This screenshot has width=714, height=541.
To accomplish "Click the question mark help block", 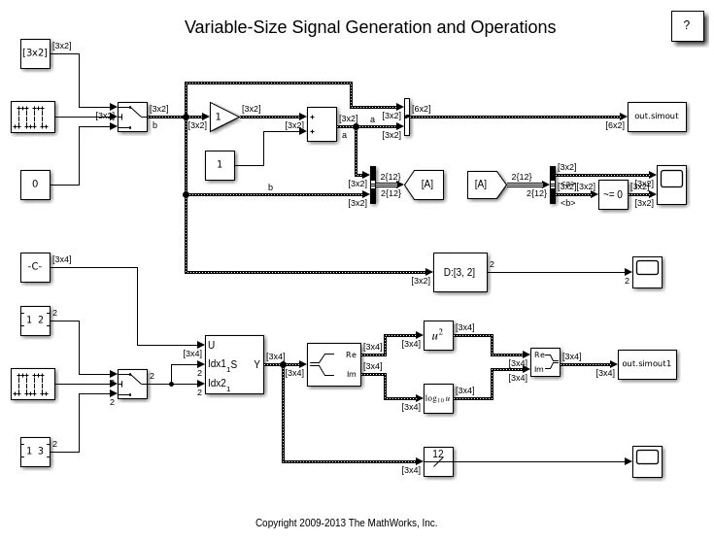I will (x=687, y=26).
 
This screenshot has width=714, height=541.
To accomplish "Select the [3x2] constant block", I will (x=35, y=53).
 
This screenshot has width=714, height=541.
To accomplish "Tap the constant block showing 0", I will (x=35, y=184).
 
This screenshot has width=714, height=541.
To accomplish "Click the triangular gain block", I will (x=223, y=118).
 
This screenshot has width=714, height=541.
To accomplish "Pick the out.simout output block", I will (x=656, y=117).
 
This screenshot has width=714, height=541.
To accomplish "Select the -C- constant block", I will (x=35, y=267).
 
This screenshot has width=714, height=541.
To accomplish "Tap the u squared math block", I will (x=438, y=335).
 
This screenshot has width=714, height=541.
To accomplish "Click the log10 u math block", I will (x=438, y=396).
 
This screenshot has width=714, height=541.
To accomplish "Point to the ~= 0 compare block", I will (x=613, y=194).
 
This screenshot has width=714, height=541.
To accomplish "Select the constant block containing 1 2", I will (x=35, y=321).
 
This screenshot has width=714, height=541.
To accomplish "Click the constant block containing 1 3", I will (x=35, y=451).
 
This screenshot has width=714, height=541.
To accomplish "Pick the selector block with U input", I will (x=234, y=364).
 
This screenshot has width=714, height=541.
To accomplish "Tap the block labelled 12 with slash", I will (x=438, y=457).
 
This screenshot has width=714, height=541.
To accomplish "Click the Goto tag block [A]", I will (x=425, y=185).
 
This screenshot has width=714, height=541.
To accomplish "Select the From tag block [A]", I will (x=486, y=185).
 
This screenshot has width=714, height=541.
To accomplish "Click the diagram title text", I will (x=370, y=27).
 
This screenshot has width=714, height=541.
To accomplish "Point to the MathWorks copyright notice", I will (x=347, y=523).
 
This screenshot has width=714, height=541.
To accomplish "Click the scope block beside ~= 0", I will (x=671, y=184).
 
